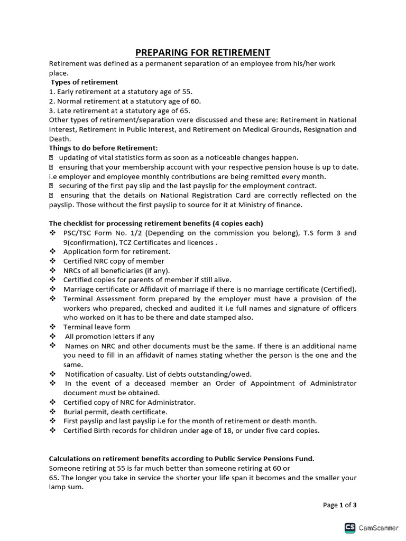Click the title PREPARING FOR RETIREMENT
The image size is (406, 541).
(x=203, y=52)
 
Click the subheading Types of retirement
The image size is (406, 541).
(x=85, y=82)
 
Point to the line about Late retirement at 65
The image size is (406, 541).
(x=119, y=110)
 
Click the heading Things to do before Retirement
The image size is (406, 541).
(x=103, y=148)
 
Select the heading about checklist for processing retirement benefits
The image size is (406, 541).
(x=156, y=223)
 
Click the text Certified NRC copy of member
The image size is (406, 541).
(x=114, y=261)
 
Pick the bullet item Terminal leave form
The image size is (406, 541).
(x=97, y=327)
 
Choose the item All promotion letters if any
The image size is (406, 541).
(x=110, y=336)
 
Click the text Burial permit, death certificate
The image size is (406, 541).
(x=115, y=412)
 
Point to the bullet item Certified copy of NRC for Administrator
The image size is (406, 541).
(x=130, y=402)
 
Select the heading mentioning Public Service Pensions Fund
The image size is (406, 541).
(x=181, y=459)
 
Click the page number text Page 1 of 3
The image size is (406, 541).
(x=339, y=505)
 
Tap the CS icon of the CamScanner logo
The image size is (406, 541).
(x=350, y=527)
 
